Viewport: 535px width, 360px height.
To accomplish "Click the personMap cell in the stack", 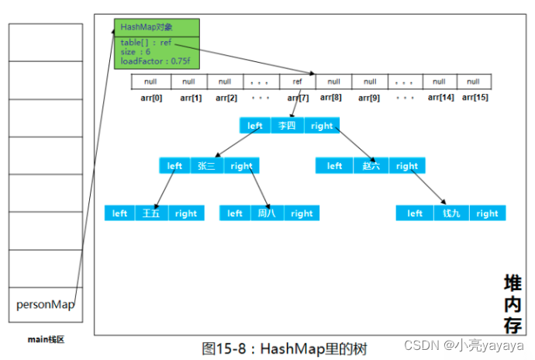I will point(45,305).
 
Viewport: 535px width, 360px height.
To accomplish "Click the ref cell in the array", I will point(296,81).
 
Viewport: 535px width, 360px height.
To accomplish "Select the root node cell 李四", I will point(287,126).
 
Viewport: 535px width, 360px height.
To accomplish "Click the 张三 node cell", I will point(206,165).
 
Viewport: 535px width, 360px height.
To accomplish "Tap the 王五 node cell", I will point(150,213).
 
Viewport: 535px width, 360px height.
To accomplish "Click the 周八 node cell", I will point(266,213).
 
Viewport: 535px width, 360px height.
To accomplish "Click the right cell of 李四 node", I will point(322,126).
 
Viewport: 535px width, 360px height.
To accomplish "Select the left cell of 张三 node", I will point(175,165).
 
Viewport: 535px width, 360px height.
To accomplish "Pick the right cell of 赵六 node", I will point(406,165).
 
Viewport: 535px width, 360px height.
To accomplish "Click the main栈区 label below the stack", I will point(44,338).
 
